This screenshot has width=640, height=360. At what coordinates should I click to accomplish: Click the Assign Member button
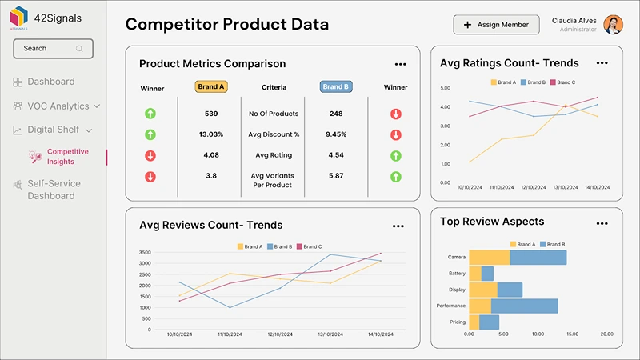[x=496, y=25]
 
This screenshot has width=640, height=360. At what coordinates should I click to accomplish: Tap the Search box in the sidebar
[x=53, y=49]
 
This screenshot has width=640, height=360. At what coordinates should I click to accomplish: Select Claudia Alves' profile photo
[x=613, y=25]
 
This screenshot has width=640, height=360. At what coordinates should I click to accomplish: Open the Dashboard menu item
[x=50, y=82]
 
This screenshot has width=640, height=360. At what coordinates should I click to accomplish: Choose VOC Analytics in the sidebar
[x=57, y=106]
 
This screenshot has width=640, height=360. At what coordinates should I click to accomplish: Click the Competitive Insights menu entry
[x=67, y=156]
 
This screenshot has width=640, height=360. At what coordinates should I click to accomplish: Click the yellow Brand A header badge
[x=211, y=87]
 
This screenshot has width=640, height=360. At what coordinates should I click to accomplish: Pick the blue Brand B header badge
[x=336, y=87]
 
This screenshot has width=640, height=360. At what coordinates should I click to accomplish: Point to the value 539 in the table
[x=211, y=114]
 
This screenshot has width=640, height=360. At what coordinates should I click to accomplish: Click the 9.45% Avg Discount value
[x=336, y=134]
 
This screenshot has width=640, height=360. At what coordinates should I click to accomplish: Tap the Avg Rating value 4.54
[x=336, y=155]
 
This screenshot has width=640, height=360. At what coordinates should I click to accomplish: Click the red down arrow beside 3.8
[x=150, y=176]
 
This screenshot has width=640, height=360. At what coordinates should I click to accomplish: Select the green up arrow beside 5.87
[x=395, y=176]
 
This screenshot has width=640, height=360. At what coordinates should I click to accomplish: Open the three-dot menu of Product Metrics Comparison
[x=400, y=64]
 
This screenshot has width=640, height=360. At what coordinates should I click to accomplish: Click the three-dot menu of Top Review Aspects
[x=601, y=222]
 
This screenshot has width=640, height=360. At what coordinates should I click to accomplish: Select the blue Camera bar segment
[x=538, y=257]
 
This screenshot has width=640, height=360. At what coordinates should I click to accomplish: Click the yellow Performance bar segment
[x=479, y=306]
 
